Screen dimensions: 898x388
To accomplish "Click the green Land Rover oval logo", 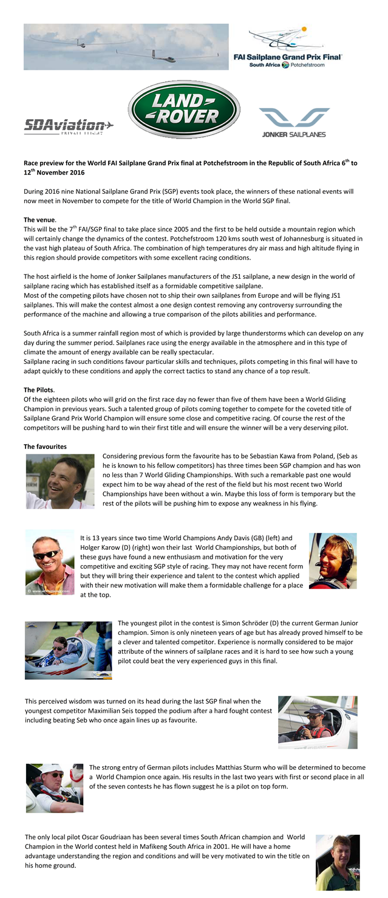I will pos(184,110).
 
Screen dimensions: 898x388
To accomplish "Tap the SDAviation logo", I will pos(69,126).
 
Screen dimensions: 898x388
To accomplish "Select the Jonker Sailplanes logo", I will pos(294,122).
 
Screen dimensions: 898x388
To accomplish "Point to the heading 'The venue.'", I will pos(40,219).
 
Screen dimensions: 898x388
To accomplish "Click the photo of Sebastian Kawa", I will pos(60,481).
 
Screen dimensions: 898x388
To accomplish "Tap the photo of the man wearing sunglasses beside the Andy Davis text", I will pos(50,562).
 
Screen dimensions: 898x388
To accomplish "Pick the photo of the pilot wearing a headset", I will pos(333,561).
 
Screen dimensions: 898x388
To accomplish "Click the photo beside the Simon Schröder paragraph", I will pos(68,650).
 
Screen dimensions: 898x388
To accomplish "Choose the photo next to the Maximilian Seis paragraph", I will pos(318,722).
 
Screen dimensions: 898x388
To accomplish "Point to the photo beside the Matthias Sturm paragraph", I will pos(55,788).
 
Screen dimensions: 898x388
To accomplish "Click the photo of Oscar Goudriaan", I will pos(338,862).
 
